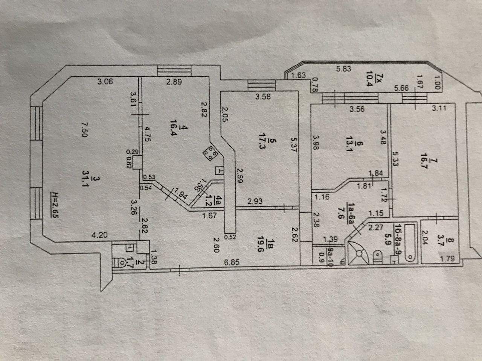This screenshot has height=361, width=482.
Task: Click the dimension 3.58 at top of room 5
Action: (x=262, y=97)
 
